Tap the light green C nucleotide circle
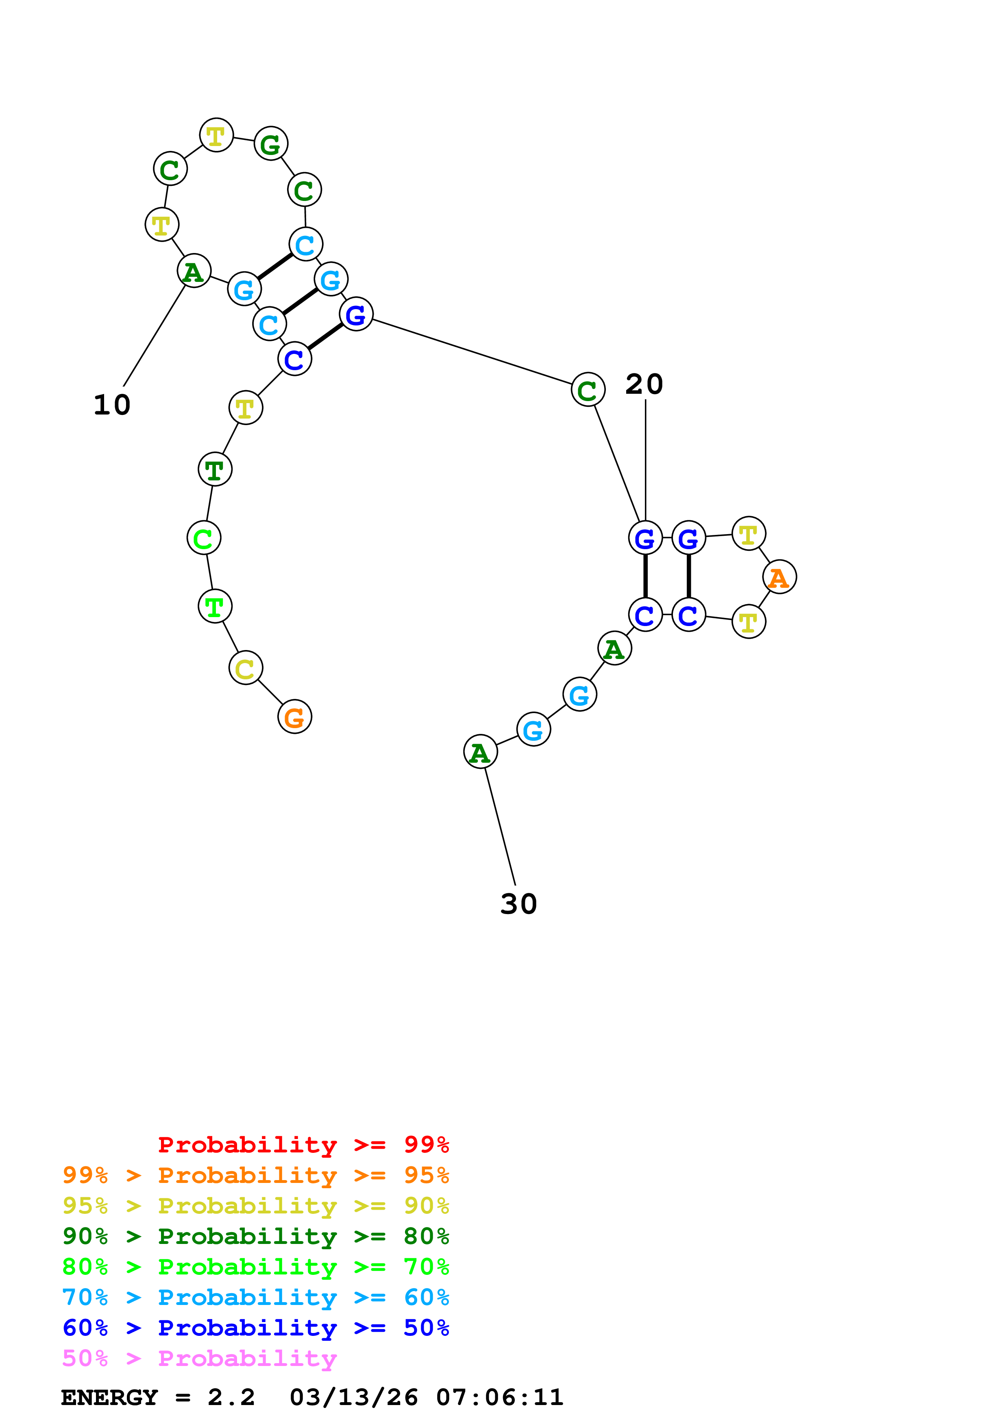204,538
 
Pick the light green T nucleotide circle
215,606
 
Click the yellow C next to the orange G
246,668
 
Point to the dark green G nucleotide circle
271,144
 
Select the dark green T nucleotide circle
215,469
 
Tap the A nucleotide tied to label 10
194,271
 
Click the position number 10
112,405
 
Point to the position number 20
644,384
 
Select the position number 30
518,904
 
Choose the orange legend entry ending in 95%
255,1176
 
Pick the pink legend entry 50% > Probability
199,1359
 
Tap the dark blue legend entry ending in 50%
255,1328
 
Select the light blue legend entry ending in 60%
255,1298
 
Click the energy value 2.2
231,1398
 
